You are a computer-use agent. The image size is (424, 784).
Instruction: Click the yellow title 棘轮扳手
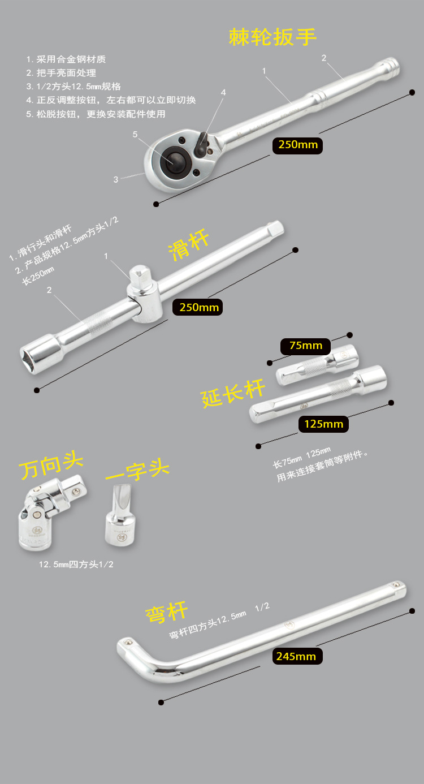(272, 37)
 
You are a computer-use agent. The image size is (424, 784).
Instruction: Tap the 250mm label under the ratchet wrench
(298, 145)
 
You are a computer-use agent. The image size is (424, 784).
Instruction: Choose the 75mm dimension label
(305, 345)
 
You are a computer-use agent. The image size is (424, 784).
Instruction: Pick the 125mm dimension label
(323, 424)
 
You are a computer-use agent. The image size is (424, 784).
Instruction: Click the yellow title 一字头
(137, 471)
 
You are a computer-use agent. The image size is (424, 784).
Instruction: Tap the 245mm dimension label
(296, 656)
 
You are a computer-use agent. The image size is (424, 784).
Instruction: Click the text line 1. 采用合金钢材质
(66, 59)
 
